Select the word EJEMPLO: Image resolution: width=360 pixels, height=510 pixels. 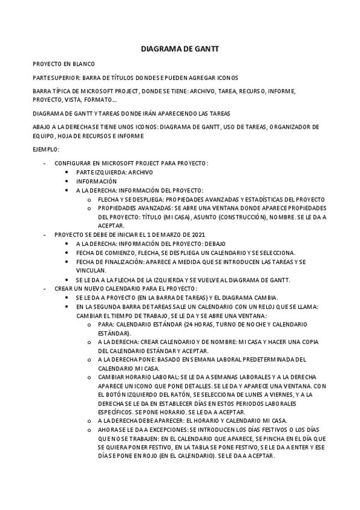tap(46, 149)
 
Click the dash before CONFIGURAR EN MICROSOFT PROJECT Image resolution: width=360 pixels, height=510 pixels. tap(45, 163)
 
